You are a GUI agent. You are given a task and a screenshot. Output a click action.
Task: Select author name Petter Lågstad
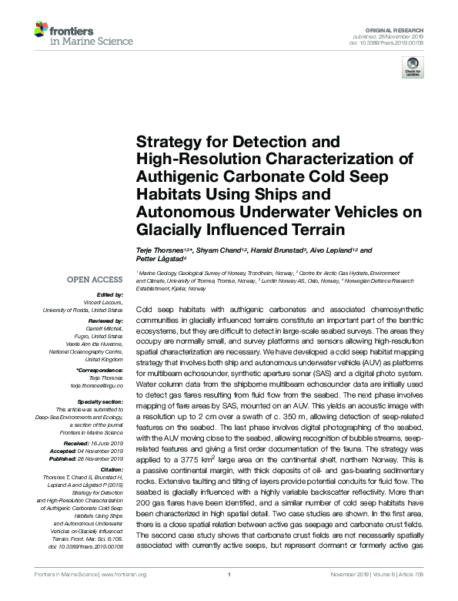point(157,260)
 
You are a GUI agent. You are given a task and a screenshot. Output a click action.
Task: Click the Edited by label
point(109,294)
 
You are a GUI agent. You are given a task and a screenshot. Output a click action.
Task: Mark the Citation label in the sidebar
point(111,468)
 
